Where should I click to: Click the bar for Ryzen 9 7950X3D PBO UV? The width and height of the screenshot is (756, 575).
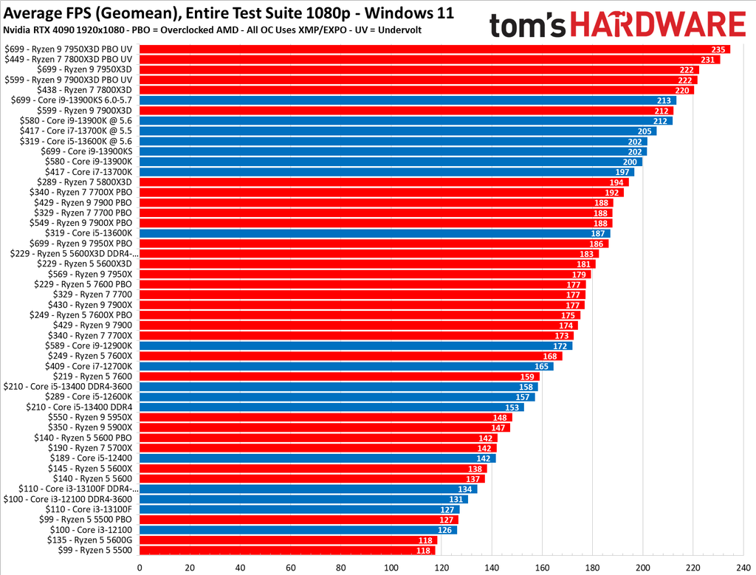(434, 49)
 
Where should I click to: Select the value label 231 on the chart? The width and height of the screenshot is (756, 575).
(707, 59)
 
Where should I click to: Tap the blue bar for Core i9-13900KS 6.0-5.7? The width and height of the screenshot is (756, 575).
(407, 100)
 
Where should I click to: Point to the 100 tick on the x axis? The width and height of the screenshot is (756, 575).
(391, 568)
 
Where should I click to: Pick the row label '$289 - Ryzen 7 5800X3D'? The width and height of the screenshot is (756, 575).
(85, 182)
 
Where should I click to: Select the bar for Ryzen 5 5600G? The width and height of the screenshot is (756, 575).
(288, 540)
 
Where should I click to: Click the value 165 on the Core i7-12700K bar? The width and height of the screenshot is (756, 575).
(542, 366)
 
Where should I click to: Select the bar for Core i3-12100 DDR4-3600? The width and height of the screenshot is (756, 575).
(303, 499)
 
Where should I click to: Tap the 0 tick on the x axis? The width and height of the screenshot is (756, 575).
(140, 568)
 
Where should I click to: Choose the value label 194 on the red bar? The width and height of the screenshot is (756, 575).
(616, 182)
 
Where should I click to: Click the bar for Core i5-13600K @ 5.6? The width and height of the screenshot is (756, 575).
(393, 141)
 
